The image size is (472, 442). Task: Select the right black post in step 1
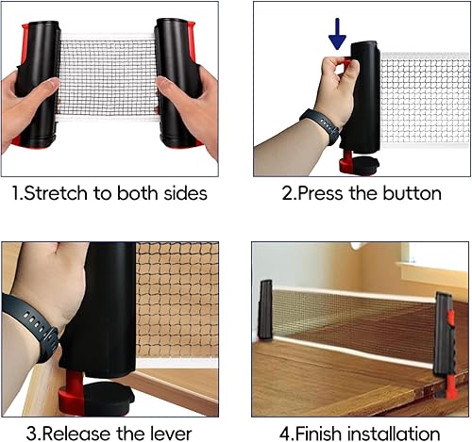[x=177, y=80]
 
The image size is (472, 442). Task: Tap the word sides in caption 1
[x=185, y=193]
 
